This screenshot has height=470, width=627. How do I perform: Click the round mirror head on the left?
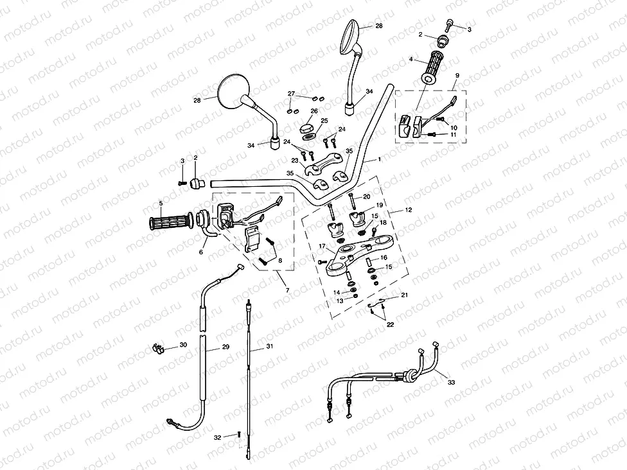pos(231,92)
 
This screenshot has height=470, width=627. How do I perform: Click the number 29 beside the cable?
pos(225,347)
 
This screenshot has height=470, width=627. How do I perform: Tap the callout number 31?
pos(270,347)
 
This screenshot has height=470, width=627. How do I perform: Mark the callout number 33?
pos(451,382)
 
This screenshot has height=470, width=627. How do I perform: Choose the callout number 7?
pos(287,290)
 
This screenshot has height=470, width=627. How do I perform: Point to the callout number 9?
pos(457,75)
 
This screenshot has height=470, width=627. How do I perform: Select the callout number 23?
pos(294,161)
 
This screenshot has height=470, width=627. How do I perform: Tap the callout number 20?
pos(367,196)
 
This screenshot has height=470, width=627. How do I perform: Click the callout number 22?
pos(389,325)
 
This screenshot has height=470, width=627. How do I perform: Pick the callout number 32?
pos(217,437)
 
